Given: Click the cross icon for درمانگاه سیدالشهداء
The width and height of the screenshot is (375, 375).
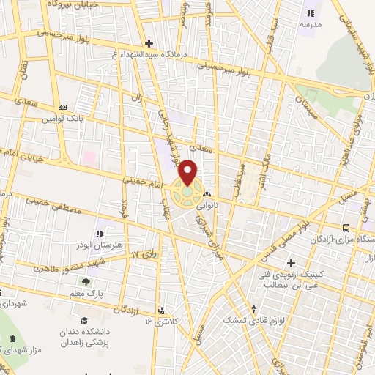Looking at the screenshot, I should (149, 44).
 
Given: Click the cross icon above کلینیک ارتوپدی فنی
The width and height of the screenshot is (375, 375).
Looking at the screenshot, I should (291, 263).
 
